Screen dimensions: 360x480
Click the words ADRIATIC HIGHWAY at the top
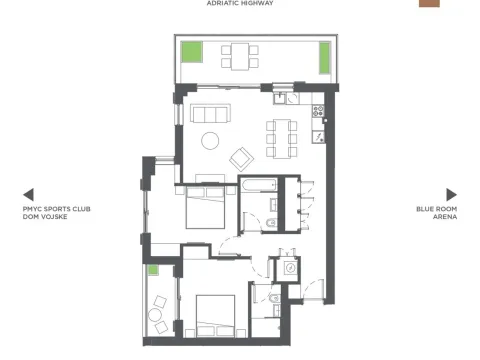[x=239, y=4]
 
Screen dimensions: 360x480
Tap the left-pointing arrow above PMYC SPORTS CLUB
[x=29, y=195]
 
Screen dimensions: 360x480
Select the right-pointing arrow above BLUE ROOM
[x=451, y=195]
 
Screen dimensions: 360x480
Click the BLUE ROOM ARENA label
[x=437, y=212]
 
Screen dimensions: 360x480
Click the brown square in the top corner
[x=428, y=3]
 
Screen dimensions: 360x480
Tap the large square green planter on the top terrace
[x=190, y=51]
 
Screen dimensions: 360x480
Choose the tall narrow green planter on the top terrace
[x=325, y=57]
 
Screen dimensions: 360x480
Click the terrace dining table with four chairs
[x=239, y=55]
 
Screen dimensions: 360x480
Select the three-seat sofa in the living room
[x=210, y=112]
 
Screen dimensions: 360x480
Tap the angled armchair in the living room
[x=243, y=157]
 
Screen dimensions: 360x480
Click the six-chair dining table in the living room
[x=281, y=138]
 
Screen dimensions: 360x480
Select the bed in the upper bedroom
[x=205, y=209]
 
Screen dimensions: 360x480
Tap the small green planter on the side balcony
[x=154, y=270]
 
